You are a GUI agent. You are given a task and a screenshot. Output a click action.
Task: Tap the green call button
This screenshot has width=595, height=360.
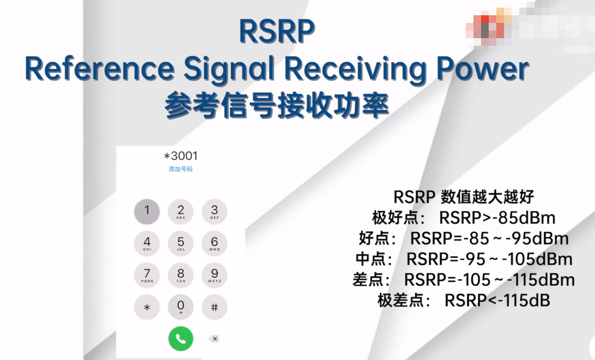click(x=181, y=338)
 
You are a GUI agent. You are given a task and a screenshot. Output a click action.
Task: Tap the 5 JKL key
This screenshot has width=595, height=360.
click(x=181, y=243)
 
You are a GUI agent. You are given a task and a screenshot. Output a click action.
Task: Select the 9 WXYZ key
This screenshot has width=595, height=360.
click(x=214, y=275)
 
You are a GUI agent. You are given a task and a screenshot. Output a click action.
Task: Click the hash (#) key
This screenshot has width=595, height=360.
click(x=214, y=307)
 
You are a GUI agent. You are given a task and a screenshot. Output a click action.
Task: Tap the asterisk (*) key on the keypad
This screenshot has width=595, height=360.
click(x=147, y=307)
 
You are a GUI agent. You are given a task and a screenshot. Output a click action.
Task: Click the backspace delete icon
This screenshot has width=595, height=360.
click(x=214, y=339)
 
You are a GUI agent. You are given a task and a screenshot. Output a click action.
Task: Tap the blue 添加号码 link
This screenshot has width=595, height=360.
click(x=181, y=169)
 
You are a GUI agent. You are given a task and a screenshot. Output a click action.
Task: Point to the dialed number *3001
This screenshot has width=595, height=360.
click(x=181, y=156)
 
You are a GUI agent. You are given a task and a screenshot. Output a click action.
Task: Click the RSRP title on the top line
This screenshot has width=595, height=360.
click(x=277, y=32)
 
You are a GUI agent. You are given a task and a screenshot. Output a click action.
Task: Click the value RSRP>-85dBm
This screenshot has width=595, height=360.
click(x=497, y=218)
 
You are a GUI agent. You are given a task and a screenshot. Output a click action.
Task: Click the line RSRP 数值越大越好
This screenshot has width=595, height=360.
click(x=463, y=197)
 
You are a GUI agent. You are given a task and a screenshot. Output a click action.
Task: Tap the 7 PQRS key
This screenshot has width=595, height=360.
click(x=147, y=275)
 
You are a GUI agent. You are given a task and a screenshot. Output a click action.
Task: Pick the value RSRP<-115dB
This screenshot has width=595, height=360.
click(x=497, y=301)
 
